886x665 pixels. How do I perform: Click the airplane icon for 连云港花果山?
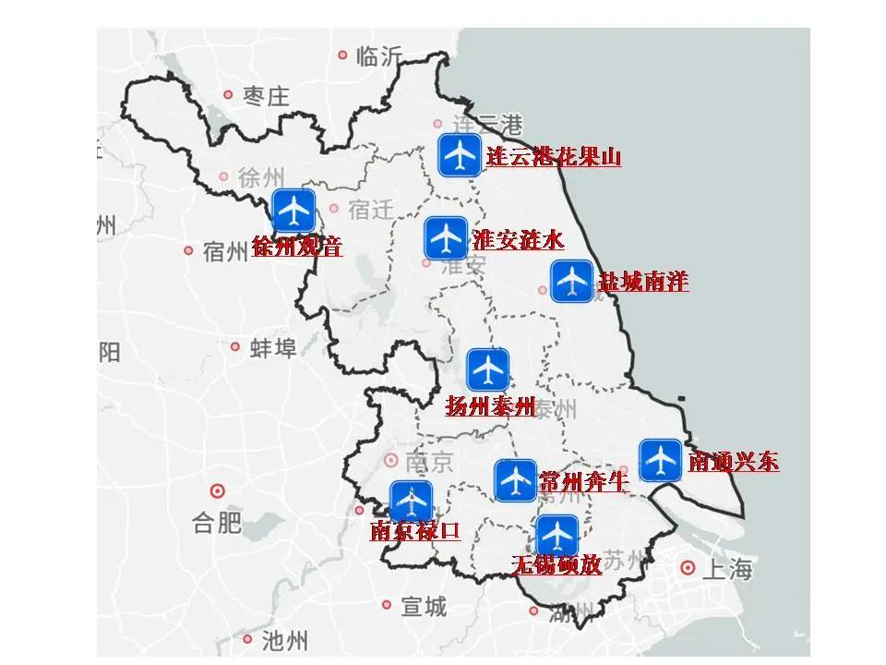[x=459, y=155]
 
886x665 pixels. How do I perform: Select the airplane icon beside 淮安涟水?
[x=446, y=238]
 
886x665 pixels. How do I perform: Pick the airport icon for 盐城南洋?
[x=572, y=281]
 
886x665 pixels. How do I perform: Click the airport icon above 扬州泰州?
[x=488, y=370]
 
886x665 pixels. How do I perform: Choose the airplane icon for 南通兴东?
[x=661, y=460]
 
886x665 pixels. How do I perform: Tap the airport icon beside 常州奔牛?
[x=515, y=480]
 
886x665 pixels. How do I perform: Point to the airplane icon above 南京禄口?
[x=411, y=502]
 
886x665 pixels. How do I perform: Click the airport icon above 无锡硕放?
[x=557, y=536]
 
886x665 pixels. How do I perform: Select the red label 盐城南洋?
[x=643, y=282]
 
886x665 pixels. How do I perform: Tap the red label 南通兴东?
[x=734, y=461]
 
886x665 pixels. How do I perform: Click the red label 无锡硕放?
[x=557, y=563]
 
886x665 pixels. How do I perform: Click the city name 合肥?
[x=217, y=524]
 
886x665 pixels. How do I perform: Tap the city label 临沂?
[x=379, y=56]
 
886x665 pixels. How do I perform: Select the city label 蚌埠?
[x=274, y=348]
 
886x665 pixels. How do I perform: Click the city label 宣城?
[x=424, y=606]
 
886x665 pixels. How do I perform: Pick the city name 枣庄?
[x=267, y=95]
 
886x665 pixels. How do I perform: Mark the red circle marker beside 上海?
[x=688, y=567]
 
